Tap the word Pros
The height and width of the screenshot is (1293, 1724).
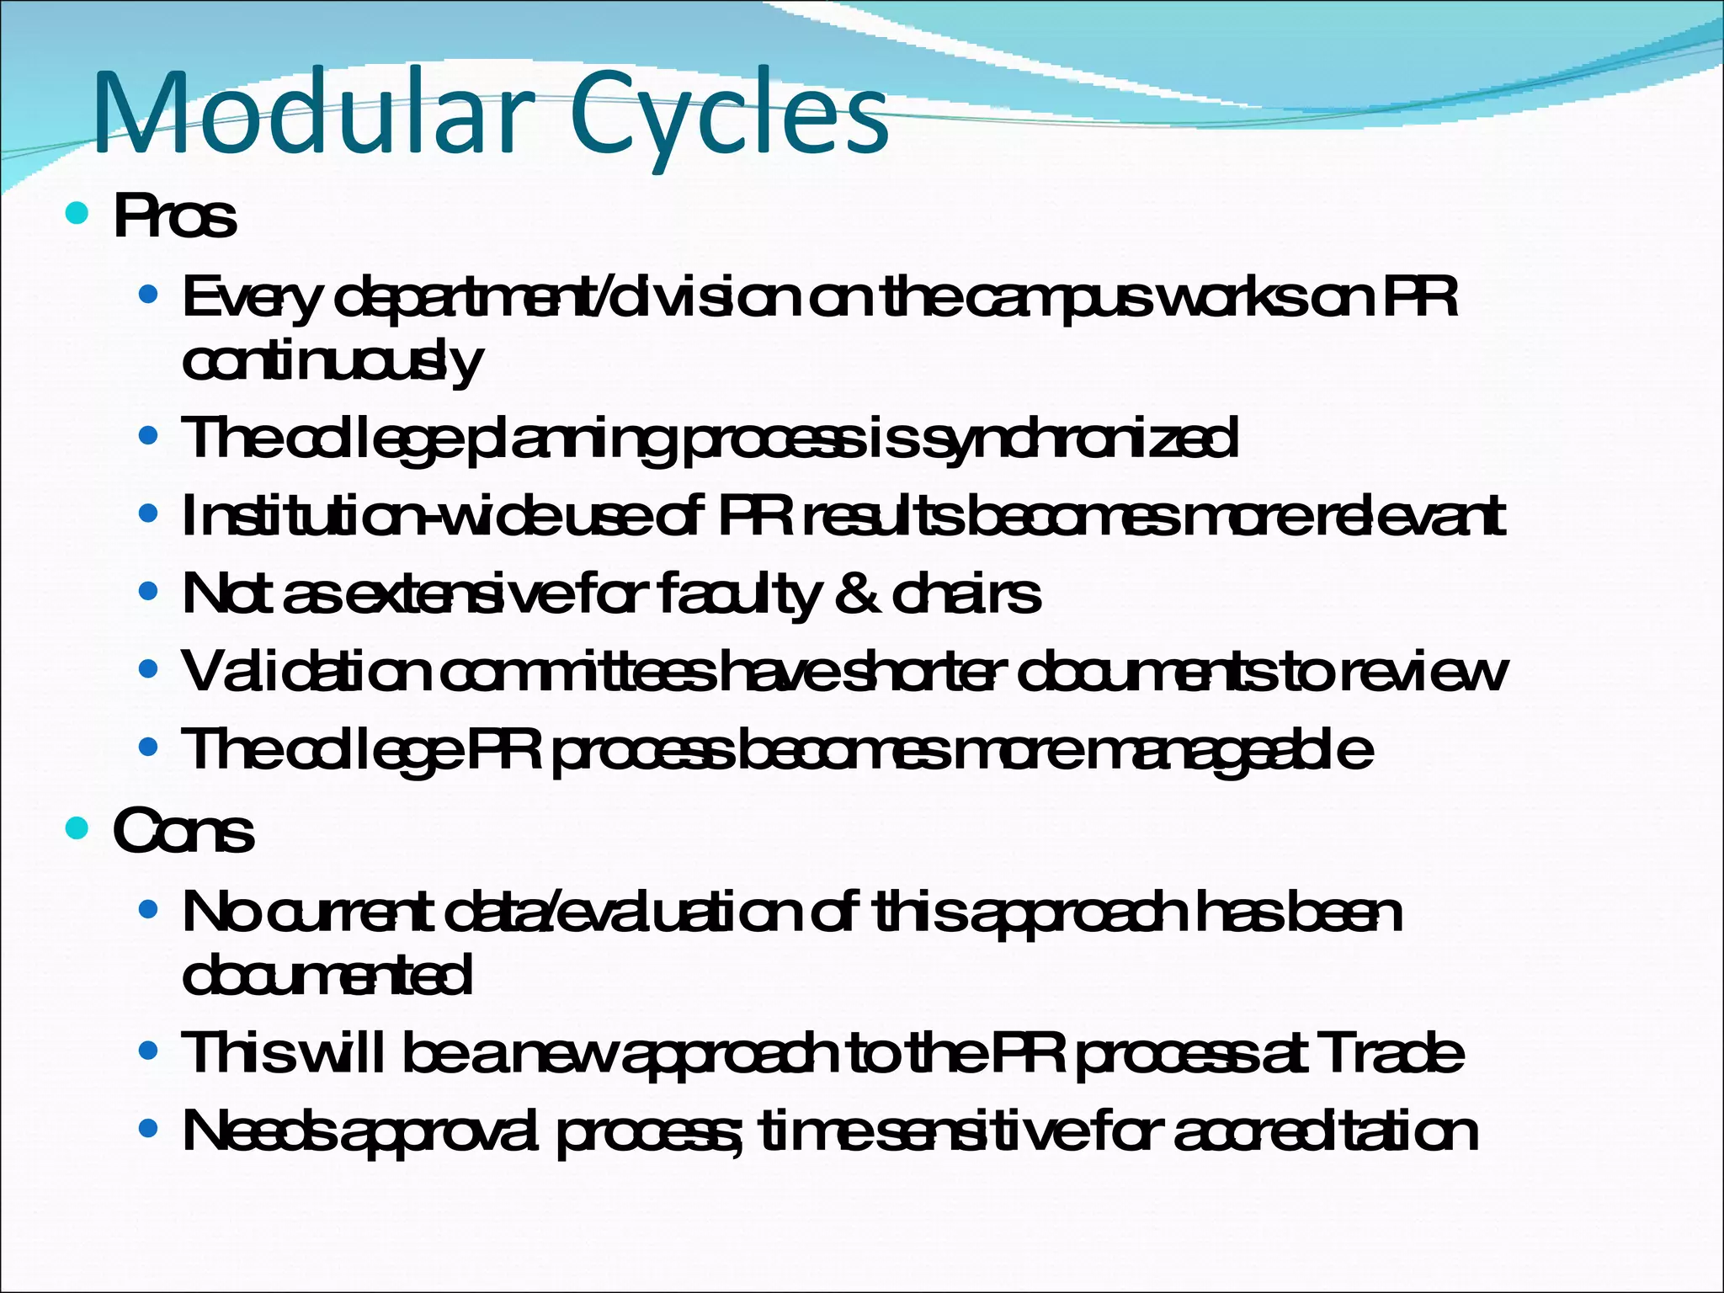(175, 217)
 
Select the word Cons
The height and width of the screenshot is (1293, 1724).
(184, 832)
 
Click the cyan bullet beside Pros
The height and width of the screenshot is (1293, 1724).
(77, 214)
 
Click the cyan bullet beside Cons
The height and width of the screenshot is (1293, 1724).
(77, 828)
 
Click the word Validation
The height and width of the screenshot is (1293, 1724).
(307, 672)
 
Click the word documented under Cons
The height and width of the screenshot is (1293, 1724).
(327, 976)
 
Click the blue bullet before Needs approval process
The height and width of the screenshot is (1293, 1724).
(148, 1128)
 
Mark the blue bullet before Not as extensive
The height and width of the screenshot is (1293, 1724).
(148, 592)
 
